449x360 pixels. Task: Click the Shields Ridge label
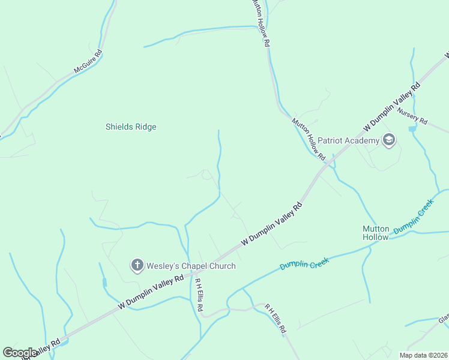point(131,127)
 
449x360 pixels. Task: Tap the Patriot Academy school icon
point(389,141)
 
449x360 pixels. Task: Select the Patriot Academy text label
point(349,141)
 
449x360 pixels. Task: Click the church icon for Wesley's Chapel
point(137,265)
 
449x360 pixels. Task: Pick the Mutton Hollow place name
point(376,233)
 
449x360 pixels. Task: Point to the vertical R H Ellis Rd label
point(197,294)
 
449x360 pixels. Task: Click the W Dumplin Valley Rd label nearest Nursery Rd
point(392,107)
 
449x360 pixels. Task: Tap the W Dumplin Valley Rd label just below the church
point(151,293)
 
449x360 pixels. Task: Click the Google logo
point(20,353)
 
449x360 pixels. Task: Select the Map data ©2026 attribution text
point(423,355)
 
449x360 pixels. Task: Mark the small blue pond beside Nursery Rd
point(412,128)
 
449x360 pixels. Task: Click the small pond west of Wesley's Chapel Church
point(104,281)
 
